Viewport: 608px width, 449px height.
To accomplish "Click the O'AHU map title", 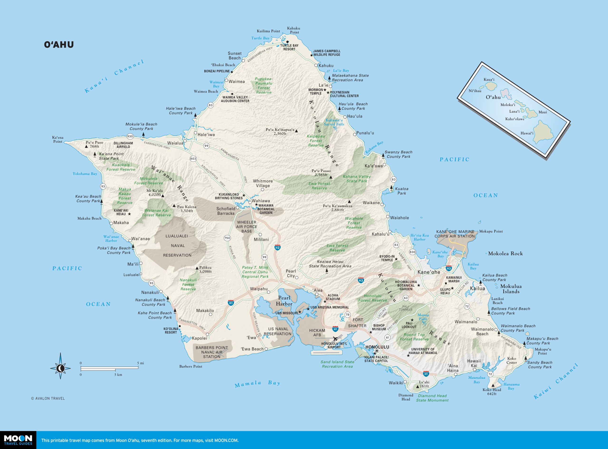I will [x=59, y=45].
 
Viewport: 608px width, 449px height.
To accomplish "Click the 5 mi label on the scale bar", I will [x=140, y=363].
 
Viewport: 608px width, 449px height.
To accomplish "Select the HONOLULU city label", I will [x=377, y=347].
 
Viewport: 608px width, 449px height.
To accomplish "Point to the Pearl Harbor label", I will [x=284, y=301].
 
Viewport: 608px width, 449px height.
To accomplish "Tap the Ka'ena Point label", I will [x=58, y=139].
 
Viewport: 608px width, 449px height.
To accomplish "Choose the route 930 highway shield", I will [x=130, y=136].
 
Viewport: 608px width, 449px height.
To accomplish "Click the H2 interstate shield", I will [x=277, y=248].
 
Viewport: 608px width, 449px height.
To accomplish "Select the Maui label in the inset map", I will [x=542, y=112].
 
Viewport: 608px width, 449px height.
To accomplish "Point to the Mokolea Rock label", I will [x=505, y=254].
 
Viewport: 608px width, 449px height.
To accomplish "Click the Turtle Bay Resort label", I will [x=289, y=47].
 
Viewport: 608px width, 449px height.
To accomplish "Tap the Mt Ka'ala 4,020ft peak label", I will [x=155, y=192].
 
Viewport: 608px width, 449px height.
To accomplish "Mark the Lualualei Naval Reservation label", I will [x=177, y=245].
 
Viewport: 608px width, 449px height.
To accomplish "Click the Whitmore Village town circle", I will [x=262, y=190].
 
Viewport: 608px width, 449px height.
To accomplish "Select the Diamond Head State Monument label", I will [x=432, y=398].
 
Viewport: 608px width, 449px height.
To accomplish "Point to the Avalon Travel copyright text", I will [x=48, y=398].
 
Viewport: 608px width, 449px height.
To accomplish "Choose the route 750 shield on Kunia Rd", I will [x=227, y=238].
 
